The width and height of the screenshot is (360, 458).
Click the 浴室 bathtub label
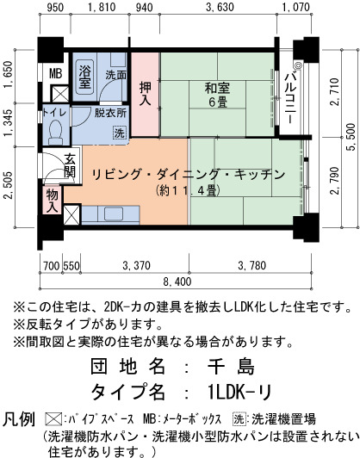pos(85,77)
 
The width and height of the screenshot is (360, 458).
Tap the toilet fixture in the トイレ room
pos(55,133)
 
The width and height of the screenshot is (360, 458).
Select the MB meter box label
pos(55,74)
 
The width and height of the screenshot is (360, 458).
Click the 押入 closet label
pos(146,93)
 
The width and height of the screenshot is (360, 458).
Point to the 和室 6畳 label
pos(217,95)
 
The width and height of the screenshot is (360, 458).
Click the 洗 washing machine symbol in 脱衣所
pos(119,133)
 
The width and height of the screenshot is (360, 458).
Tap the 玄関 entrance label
pos(70,165)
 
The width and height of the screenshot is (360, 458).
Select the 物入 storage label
pos(52,201)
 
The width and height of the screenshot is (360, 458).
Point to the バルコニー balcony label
pos(291,97)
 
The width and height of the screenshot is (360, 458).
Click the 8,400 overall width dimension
pos(177,282)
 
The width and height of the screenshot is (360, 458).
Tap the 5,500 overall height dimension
pos(351,137)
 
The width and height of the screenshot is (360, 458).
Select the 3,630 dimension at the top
pos(220,7)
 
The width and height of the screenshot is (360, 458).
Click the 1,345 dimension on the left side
pos(9,122)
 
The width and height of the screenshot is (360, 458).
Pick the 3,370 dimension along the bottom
pos(136,266)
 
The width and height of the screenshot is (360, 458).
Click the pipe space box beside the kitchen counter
pos(71,215)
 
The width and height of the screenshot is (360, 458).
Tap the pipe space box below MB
pos(60,94)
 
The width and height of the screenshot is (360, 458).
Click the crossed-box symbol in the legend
pos(53,419)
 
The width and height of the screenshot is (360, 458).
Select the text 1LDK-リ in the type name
pos(240,392)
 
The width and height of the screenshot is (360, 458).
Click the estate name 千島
pos(231,366)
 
